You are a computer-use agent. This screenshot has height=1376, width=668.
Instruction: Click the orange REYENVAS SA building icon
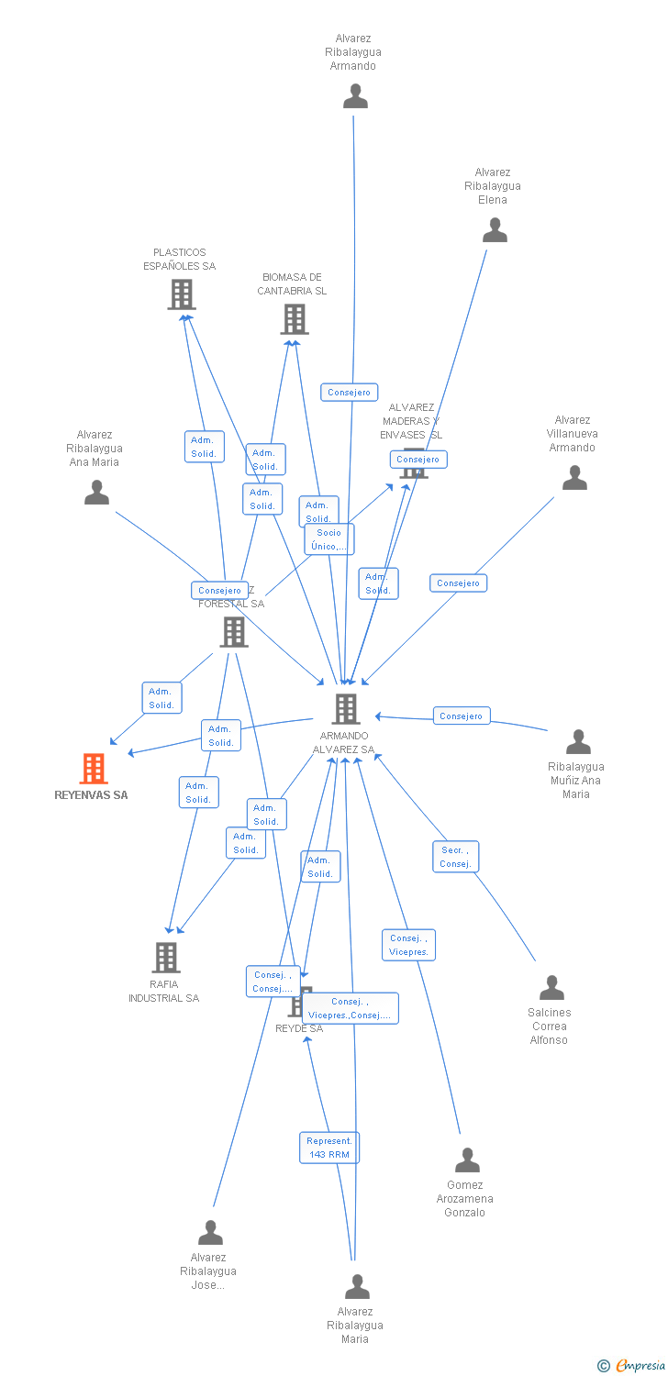coord(94,769)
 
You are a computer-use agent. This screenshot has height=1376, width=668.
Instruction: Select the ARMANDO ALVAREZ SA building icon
coord(345,709)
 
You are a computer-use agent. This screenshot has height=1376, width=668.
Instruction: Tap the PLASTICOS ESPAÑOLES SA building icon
coord(182,294)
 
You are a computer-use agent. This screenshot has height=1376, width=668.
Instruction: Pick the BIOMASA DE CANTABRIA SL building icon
coord(294,319)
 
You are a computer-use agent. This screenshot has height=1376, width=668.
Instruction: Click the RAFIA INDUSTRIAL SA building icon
coord(166,958)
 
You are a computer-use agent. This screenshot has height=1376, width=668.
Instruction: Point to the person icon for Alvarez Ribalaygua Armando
coord(355,96)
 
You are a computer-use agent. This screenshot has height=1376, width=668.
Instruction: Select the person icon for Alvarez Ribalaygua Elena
coord(495,230)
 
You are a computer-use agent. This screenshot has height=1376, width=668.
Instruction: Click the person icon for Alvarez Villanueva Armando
coord(574,478)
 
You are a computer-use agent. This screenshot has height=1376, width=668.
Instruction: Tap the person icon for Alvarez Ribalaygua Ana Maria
coord(96,494)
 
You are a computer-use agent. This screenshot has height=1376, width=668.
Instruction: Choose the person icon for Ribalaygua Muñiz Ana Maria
coord(578,741)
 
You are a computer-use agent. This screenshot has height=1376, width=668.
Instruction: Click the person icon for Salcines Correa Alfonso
coord(551,988)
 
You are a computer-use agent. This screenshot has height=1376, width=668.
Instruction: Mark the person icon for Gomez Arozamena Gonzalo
coord(467,1160)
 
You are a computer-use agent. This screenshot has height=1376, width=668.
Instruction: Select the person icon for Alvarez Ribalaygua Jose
coord(211,1233)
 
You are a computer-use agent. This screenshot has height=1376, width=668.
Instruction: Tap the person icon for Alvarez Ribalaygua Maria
coord(357,1287)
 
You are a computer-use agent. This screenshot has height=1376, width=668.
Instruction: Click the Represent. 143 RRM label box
coord(329,1148)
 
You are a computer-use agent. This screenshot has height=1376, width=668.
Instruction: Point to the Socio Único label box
coord(329,539)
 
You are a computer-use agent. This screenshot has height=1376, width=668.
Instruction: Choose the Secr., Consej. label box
coord(455,857)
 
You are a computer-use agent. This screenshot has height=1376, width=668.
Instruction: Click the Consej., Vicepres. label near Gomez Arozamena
coord(408,945)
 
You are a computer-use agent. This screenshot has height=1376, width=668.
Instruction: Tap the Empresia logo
coord(633,1366)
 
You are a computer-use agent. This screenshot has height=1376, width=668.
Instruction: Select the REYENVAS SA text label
coord(92,795)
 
